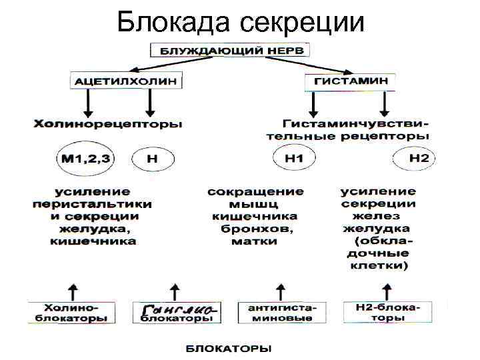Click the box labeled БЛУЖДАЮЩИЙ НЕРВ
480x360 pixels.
230,50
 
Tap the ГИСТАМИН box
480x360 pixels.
350,81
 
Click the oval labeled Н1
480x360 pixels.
294,159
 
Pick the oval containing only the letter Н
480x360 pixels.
153,159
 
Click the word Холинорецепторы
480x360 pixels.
107,124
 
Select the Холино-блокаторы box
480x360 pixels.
71,313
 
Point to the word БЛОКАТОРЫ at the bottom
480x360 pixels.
227,348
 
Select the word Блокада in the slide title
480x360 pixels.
173,23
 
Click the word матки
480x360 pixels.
255,241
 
